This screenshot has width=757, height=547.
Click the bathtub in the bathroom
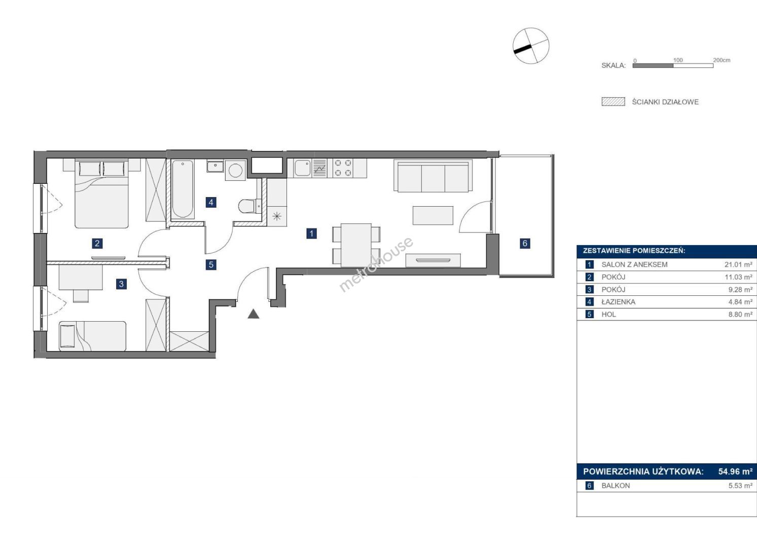point(183,189)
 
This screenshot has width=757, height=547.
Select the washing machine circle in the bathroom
point(235,170)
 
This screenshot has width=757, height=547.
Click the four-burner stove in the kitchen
point(343,168)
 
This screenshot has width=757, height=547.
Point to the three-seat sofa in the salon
point(433,176)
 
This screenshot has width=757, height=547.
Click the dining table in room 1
point(356,245)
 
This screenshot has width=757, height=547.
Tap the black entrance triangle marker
point(254,314)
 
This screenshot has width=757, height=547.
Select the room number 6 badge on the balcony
point(525,243)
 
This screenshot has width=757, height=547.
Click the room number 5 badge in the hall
point(211,265)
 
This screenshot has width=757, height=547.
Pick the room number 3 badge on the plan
point(121,284)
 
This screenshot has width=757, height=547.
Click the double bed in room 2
point(101,193)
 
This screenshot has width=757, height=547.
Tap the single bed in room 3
point(93,336)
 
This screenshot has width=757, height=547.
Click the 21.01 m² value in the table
point(738,264)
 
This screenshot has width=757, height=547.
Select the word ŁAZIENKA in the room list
point(619,302)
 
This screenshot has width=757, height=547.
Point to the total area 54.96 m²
point(735,472)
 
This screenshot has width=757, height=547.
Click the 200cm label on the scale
point(722,60)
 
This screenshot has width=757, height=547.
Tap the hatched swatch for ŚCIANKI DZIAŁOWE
point(613,102)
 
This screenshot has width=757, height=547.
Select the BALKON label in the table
point(616,486)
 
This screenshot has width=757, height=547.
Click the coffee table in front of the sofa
point(433,215)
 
